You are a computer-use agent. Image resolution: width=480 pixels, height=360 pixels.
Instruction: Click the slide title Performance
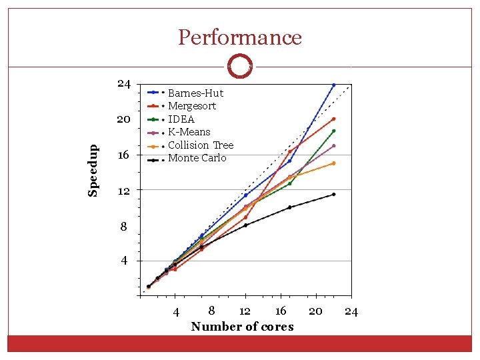pyautogui.click(x=240, y=37)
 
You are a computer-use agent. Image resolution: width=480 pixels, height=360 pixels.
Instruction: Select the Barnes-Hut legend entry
pyautogui.click(x=195, y=93)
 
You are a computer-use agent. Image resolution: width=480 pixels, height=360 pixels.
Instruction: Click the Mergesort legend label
pyautogui.click(x=192, y=106)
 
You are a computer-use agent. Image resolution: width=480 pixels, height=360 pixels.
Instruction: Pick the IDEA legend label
pyautogui.click(x=181, y=119)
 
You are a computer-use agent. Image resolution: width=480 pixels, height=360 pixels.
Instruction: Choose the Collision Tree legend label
pyautogui.click(x=201, y=145)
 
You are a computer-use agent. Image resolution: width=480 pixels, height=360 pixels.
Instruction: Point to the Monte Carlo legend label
pyautogui.click(x=197, y=158)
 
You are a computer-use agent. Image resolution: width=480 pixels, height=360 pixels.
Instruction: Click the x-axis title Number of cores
pyautogui.click(x=242, y=326)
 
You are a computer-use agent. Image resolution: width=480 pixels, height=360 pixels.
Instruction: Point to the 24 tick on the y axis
pyautogui.click(x=123, y=84)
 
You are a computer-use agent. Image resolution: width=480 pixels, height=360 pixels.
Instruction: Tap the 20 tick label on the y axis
pyautogui.click(x=123, y=120)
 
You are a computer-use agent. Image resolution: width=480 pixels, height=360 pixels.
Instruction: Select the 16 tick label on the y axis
pyautogui.click(x=123, y=155)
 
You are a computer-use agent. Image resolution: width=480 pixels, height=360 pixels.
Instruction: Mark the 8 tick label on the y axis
pyautogui.click(x=124, y=227)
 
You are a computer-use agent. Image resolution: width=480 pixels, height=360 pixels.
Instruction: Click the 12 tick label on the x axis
pyautogui.click(x=245, y=311)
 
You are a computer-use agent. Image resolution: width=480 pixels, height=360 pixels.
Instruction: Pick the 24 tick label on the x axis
pyautogui.click(x=351, y=311)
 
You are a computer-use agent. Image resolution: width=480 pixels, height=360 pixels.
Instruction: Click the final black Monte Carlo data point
pyautogui.click(x=333, y=194)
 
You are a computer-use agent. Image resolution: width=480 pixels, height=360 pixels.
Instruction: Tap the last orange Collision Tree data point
pyautogui.click(x=333, y=163)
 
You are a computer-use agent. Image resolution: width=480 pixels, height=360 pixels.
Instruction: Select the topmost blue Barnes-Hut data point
pyautogui.click(x=333, y=85)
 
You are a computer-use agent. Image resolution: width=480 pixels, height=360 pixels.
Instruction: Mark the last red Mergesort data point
pyautogui.click(x=333, y=119)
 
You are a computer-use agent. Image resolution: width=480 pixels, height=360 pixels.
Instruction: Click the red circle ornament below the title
pyautogui.click(x=239, y=67)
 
